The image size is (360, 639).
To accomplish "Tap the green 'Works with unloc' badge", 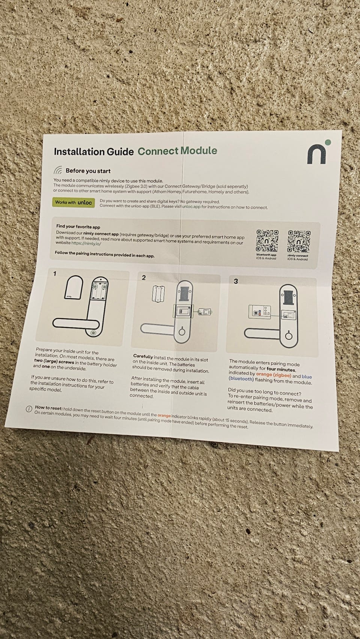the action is point(73,202).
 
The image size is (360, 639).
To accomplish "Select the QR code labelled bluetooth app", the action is point(267,241).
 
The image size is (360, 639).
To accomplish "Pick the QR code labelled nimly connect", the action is point(298,241).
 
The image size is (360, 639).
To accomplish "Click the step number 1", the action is point(54,274).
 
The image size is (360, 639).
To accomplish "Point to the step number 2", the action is point(144,278).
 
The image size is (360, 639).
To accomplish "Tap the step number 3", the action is point(235,281).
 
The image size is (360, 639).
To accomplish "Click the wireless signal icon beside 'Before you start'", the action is point(58,170).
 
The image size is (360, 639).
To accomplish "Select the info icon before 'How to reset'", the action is point(29,409).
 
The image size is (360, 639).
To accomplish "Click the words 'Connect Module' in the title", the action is point(177,151).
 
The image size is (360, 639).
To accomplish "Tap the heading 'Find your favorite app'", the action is point(78,226).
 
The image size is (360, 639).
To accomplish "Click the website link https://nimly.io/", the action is point(86,243).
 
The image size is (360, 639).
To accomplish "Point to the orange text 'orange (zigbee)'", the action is point(273,374).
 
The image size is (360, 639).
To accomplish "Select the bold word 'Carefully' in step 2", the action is point(143,356).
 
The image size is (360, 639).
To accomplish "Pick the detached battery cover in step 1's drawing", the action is point(73,287).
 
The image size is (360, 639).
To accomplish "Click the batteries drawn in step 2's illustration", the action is point(158,293).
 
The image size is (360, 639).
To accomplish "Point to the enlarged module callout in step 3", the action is point(259,311).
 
